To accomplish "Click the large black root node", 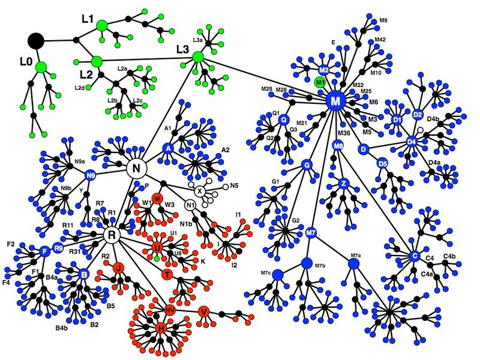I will [x=37, y=40].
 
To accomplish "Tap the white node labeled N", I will [x=136, y=168].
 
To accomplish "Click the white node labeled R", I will [x=111, y=235].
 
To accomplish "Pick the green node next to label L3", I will [x=199, y=57].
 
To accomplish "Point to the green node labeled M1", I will [x=320, y=82].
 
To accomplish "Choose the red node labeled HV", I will [x=170, y=310].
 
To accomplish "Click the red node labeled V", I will [x=204, y=312].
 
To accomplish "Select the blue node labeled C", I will [x=413, y=256].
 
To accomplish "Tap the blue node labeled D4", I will [x=412, y=142].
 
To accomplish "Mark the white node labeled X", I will [x=200, y=191].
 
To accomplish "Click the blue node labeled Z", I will [x=344, y=183].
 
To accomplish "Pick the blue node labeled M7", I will [x=311, y=232].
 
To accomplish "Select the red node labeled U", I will [x=157, y=247].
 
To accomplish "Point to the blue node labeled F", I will [x=44, y=252].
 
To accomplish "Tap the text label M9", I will [x=383, y=20].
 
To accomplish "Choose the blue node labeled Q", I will [x=284, y=120].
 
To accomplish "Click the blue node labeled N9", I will [x=91, y=176].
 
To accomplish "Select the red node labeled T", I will [x=167, y=274].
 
